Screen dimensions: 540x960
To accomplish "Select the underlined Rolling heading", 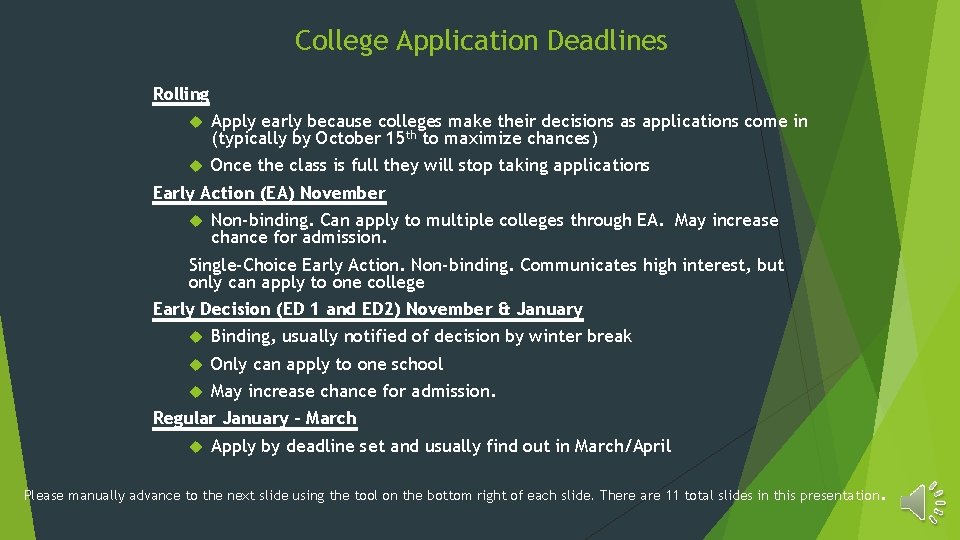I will tap(181, 94).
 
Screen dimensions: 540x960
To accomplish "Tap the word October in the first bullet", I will tap(348, 139).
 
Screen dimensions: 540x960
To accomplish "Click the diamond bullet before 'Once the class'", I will tap(196, 165).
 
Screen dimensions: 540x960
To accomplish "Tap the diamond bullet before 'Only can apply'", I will tap(196, 364).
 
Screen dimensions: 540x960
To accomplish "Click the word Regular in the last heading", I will tap(185, 418).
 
